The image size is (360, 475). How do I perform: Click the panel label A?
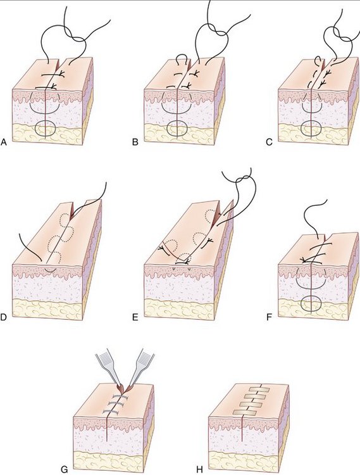coord(4,142)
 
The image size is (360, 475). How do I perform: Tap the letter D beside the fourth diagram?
coord(4,317)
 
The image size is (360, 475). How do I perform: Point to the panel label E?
coord(135,317)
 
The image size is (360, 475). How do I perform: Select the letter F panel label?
coord(269,317)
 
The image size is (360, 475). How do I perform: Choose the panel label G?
coord(65,469)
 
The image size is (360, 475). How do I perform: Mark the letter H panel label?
coord(199,469)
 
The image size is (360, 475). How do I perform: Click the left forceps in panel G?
coord(108,370)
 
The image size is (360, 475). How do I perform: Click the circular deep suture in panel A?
coord(46,128)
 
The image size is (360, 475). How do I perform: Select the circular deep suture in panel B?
coord(177,128)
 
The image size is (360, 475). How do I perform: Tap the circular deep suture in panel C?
coord(311,128)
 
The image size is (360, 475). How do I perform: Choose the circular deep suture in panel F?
coord(311,303)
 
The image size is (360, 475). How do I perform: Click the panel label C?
coord(270,142)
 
